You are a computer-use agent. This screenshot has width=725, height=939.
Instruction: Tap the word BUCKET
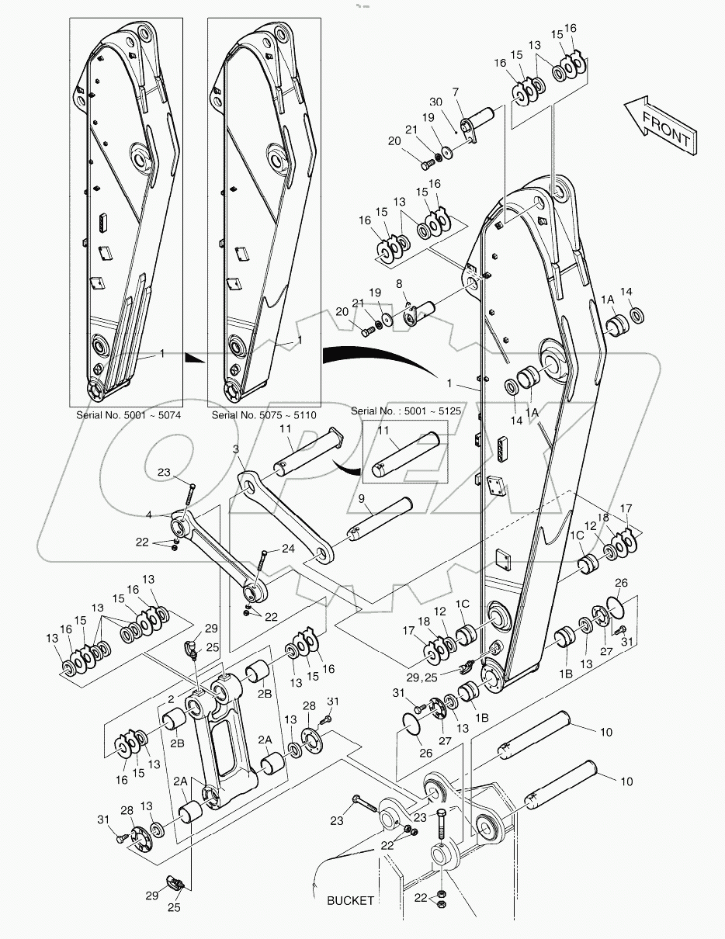click(x=350, y=900)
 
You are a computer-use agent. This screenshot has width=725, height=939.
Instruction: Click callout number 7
click(x=456, y=91)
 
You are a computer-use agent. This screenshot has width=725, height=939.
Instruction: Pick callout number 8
click(x=399, y=285)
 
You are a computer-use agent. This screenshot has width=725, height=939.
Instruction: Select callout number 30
click(x=435, y=102)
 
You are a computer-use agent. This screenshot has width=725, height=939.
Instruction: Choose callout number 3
click(x=236, y=449)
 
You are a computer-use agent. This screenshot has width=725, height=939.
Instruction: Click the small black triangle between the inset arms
click(x=195, y=357)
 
